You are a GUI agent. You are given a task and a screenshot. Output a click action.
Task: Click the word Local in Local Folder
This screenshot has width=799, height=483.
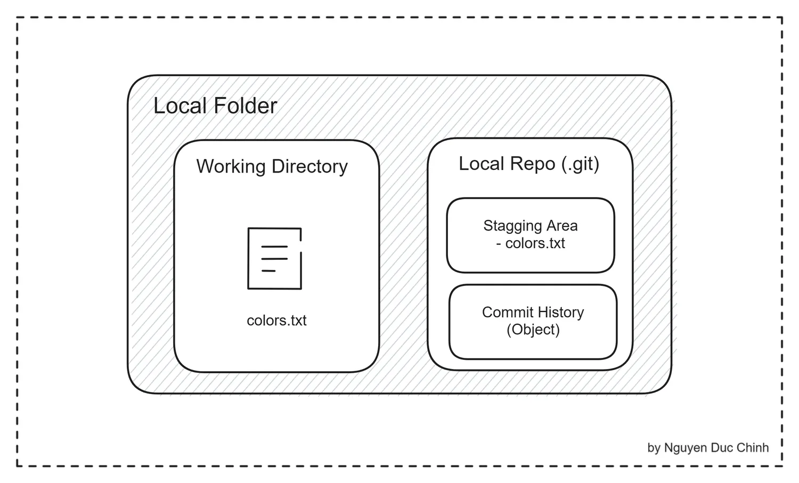tap(180, 105)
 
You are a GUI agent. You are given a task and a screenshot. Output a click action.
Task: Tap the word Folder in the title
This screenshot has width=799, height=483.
tap(246, 105)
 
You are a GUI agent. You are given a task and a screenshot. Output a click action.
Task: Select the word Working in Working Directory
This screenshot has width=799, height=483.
tap(231, 167)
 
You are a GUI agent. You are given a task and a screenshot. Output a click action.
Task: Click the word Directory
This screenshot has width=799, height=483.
tap(309, 167)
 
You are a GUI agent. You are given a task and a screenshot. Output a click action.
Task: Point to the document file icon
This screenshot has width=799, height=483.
tap(275, 258)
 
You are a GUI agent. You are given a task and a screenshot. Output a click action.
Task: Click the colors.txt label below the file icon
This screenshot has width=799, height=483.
tap(276, 321)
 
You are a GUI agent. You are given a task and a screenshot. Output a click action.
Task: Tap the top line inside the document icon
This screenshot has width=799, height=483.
tap(274, 247)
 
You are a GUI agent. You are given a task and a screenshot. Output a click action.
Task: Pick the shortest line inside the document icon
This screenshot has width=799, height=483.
tap(268, 271)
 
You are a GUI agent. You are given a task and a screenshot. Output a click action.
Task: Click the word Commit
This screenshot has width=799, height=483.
tap(506, 312)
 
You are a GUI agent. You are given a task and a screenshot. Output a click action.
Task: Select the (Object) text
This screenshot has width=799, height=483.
tap(533, 330)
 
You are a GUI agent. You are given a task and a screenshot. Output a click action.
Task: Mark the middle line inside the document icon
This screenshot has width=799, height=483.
tap(274, 259)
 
